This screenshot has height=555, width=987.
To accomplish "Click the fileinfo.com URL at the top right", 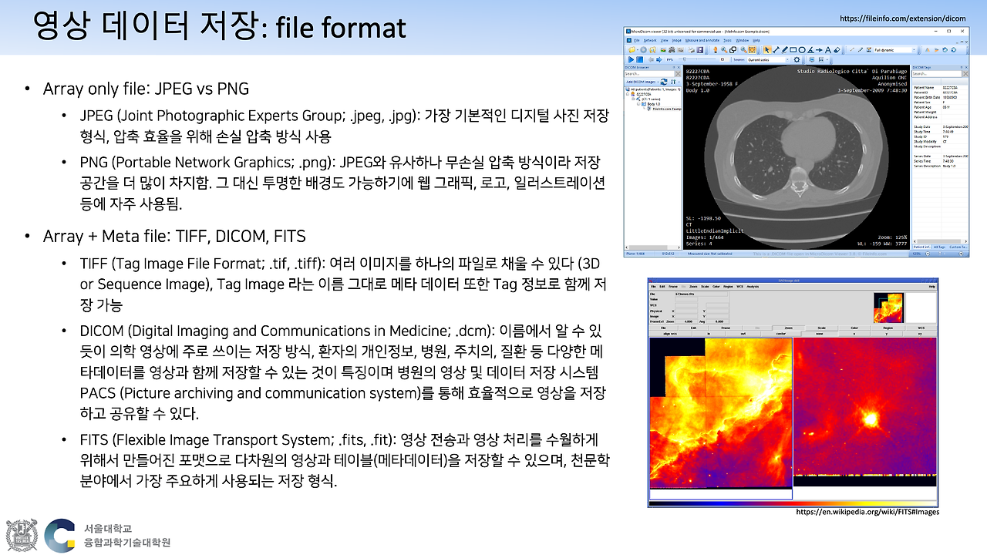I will click(x=902, y=18).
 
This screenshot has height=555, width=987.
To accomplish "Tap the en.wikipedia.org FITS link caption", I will click(x=867, y=512).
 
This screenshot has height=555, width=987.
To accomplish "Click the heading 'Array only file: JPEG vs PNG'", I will click(x=146, y=89).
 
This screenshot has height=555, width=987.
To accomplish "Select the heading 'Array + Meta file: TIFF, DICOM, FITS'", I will click(x=173, y=236).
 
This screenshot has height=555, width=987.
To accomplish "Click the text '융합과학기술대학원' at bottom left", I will click(x=127, y=543).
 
